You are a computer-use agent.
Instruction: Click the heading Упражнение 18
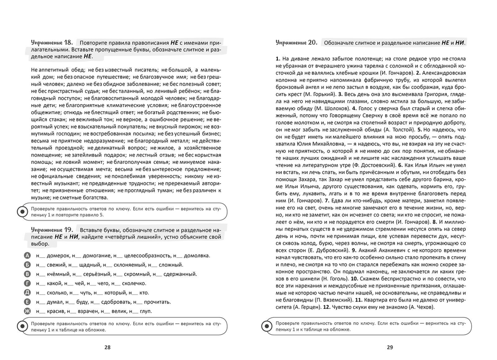click(x=52, y=43)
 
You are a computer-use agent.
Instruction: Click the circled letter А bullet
click(x=27, y=255)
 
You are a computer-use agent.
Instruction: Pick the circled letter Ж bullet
click(x=27, y=311)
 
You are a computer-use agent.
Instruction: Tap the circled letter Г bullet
click(x=27, y=283)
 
